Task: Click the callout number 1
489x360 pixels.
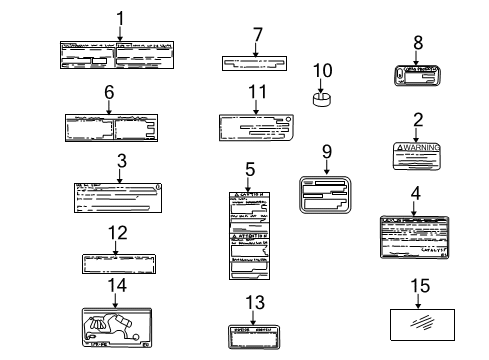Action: pyautogui.click(x=120, y=17)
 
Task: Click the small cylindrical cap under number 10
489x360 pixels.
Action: pyautogui.click(x=323, y=99)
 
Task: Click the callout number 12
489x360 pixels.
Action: pyautogui.click(x=117, y=234)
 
